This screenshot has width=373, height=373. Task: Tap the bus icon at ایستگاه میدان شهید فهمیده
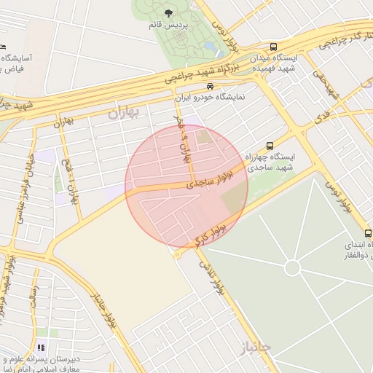(273, 45)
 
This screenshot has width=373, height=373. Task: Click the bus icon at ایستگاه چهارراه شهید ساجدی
(270, 146)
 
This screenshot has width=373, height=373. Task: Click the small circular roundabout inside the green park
(292, 267)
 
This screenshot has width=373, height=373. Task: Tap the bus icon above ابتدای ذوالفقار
(368, 233)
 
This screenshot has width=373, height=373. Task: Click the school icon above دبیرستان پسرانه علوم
(41, 348)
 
